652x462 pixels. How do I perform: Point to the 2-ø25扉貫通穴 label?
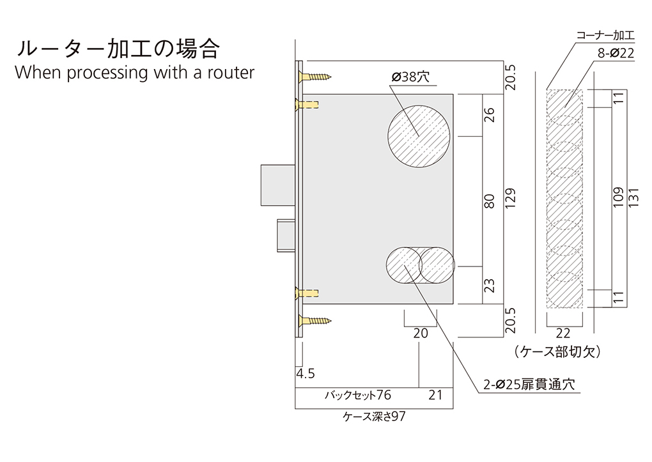tap(530, 385)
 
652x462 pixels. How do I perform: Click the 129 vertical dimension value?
tap(510, 199)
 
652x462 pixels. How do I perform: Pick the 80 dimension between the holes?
tap(490, 201)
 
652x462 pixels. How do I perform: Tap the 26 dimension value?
tap(490, 116)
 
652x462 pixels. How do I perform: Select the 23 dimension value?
tap(490, 285)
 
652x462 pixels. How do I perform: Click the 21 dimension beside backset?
tap(435, 395)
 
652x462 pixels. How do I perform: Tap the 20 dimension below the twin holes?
tap(420, 333)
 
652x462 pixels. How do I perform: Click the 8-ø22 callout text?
tap(616, 54)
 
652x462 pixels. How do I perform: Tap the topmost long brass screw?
tap(316, 77)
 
